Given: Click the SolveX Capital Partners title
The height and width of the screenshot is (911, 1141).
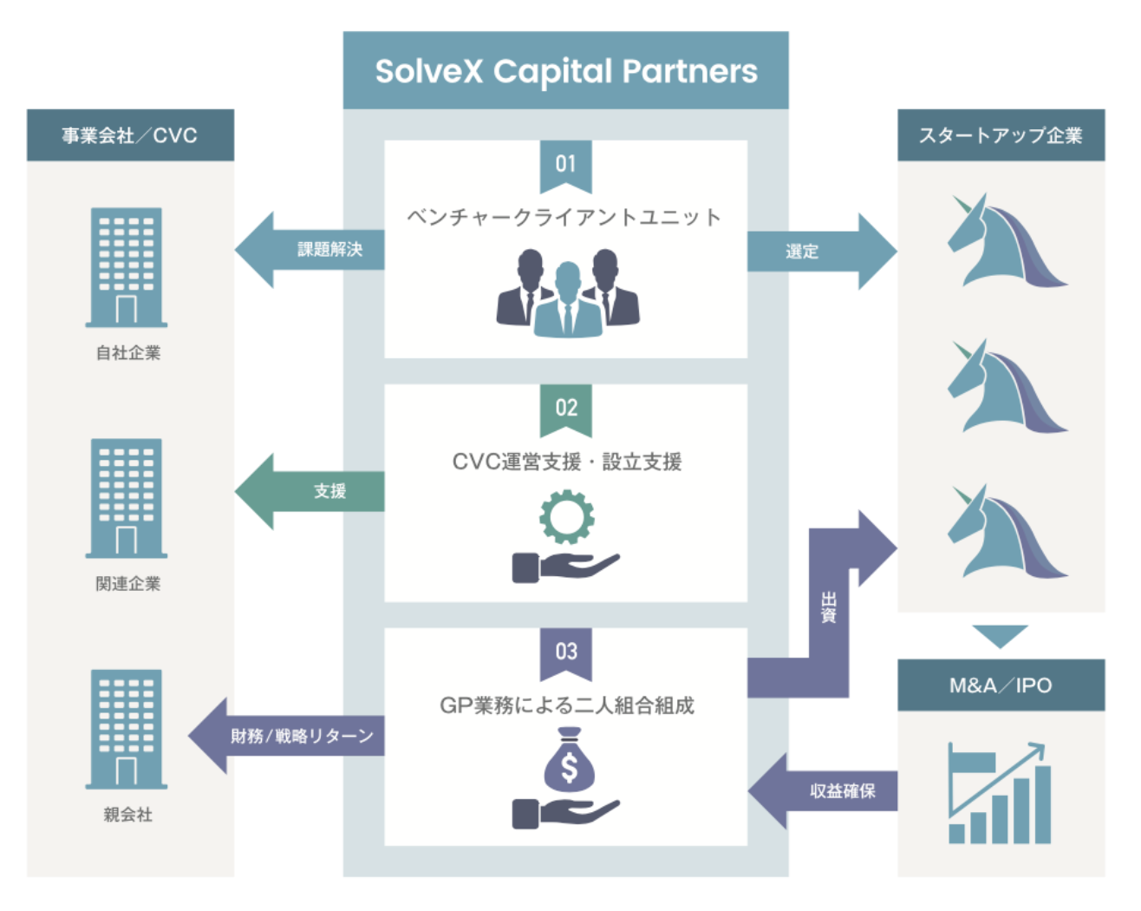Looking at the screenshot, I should click(x=565, y=71).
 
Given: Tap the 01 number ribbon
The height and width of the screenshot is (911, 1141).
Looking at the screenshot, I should click(x=565, y=164).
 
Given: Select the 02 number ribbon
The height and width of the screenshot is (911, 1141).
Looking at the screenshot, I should click(x=565, y=408).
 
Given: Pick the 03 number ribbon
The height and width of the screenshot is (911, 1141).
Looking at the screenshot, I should click(x=565, y=652).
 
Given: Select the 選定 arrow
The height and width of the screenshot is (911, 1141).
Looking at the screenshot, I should click(x=815, y=252).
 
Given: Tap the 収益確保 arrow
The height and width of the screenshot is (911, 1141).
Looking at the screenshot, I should click(x=828, y=790).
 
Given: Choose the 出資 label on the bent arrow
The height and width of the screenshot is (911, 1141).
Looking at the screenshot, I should click(x=829, y=607).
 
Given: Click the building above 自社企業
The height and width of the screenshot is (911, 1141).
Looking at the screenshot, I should click(x=127, y=267).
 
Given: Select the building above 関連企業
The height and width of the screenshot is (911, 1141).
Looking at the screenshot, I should click(x=127, y=498).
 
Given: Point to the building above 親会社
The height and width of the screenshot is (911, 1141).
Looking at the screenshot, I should click(x=127, y=729).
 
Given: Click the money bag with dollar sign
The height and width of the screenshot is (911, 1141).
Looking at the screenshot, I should click(x=569, y=761).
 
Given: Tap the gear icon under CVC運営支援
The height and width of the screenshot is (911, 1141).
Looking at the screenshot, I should click(x=567, y=517).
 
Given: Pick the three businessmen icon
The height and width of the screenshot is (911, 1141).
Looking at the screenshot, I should click(x=567, y=293).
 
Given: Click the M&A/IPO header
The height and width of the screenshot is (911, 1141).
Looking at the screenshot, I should click(x=1001, y=685).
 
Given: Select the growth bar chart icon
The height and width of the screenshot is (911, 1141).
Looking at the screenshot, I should click(x=1000, y=793).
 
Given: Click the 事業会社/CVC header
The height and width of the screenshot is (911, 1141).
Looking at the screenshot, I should click(x=130, y=135).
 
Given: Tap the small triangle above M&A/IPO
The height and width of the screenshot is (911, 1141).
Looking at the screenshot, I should click(x=1000, y=635).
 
